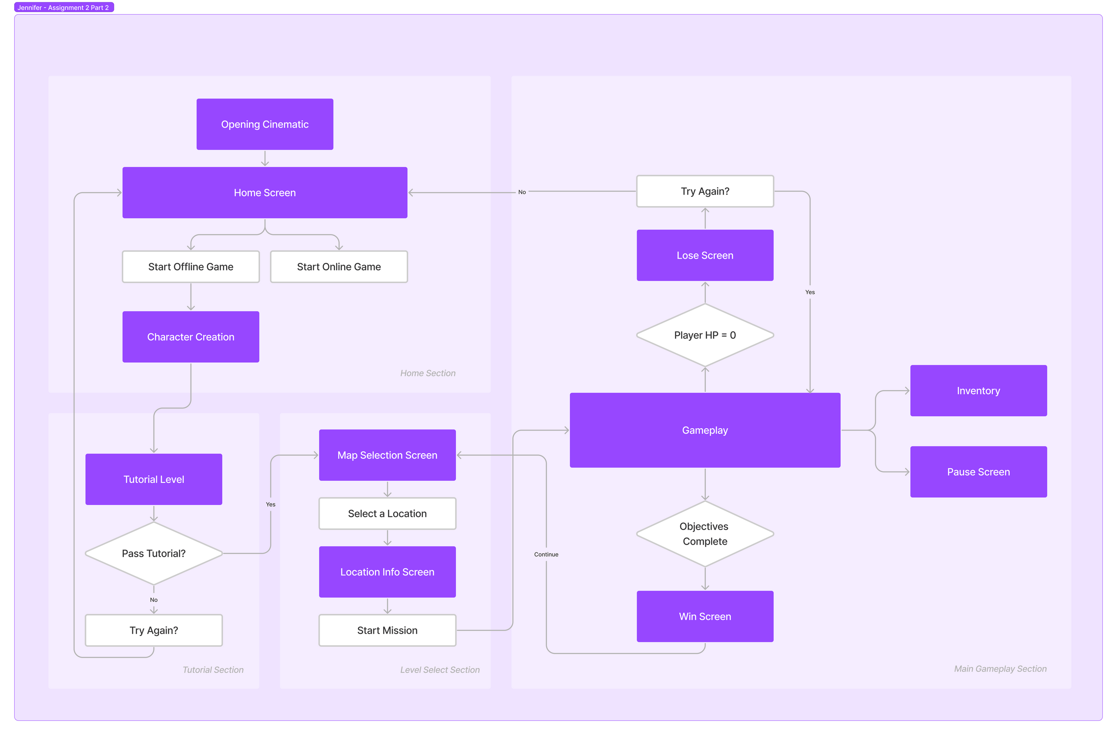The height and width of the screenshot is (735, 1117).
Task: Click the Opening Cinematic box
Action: [x=265, y=125]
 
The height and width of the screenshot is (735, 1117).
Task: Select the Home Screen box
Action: [x=265, y=192]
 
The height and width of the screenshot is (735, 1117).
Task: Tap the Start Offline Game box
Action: [x=191, y=267]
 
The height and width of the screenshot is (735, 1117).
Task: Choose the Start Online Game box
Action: [x=339, y=267]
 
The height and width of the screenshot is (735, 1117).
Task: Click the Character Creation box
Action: [x=191, y=336]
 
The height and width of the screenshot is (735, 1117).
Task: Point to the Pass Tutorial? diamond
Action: [x=153, y=553]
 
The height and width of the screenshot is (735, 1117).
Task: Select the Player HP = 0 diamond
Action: [x=705, y=335]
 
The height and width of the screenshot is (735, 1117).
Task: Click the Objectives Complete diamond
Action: [x=705, y=534]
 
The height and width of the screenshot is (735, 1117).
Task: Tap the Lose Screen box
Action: [x=705, y=255]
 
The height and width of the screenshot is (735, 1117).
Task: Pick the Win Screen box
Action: [x=705, y=616]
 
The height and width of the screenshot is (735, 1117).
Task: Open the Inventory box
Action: [x=978, y=390]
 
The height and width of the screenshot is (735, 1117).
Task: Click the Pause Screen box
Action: [x=978, y=472]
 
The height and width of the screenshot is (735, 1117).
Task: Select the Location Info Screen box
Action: [x=387, y=572]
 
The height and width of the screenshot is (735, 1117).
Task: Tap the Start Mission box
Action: [x=387, y=630]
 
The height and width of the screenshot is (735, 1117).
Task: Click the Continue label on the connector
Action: [x=546, y=554]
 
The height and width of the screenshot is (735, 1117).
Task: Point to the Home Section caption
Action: [x=427, y=373]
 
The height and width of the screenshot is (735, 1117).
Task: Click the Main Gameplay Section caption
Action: [x=1000, y=669]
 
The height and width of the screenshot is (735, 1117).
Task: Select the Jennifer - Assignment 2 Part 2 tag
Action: [x=63, y=7]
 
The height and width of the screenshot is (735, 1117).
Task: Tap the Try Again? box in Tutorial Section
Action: [x=153, y=630]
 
